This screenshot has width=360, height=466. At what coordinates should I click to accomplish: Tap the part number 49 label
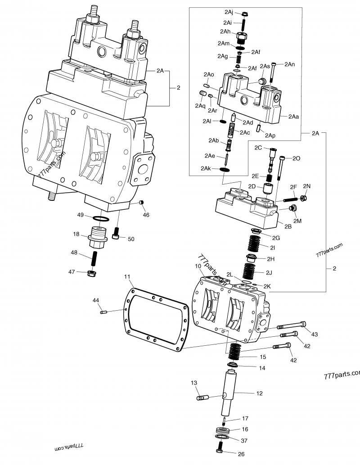click(81, 215)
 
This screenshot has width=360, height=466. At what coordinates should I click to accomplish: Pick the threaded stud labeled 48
click(95, 258)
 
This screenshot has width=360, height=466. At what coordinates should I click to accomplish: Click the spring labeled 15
click(234, 350)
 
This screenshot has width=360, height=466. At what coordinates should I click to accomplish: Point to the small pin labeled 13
click(203, 398)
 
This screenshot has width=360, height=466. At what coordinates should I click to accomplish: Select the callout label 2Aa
click(293, 116)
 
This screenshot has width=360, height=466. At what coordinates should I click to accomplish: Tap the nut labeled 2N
click(304, 198)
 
